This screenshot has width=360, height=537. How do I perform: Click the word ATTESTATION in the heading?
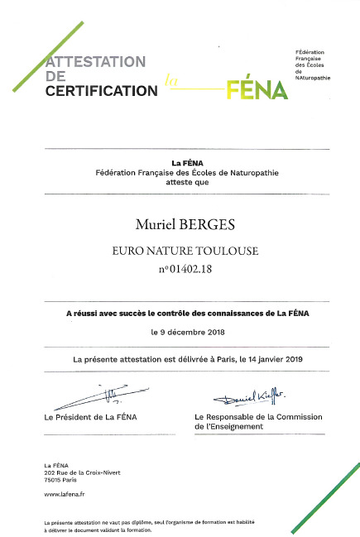[96, 62]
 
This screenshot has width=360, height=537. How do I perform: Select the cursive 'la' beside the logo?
[171, 81]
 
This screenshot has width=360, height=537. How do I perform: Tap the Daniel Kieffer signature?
[243, 398]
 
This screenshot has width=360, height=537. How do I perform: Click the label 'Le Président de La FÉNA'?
[90, 417]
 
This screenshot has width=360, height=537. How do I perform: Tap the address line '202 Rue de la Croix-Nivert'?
[82, 472]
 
